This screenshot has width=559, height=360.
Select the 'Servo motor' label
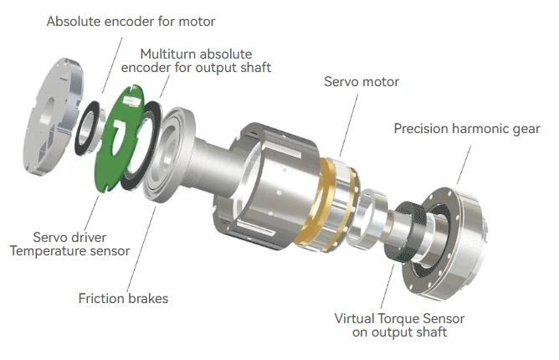pyautogui.click(x=362, y=82)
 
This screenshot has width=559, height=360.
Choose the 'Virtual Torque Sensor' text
pyautogui.click(x=398, y=318)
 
